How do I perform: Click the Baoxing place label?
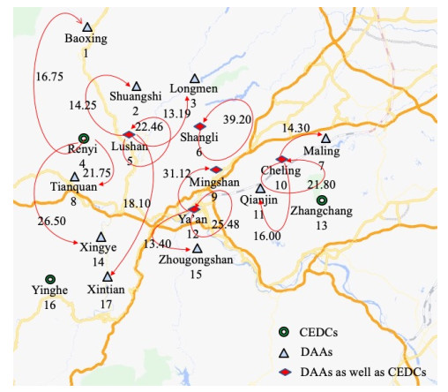86,40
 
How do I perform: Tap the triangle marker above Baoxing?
86,26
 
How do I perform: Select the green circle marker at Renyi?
83,139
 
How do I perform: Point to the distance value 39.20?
237,119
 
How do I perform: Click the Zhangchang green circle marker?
321,200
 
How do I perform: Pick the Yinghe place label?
49,291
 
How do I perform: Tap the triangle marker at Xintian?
107,277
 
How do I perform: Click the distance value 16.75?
50,77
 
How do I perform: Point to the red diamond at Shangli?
199,127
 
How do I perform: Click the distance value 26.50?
52,221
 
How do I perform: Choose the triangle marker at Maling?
325,139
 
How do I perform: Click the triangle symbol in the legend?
284,351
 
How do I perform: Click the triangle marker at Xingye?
101,237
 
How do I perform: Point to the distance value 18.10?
137,203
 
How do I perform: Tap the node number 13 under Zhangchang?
321,226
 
